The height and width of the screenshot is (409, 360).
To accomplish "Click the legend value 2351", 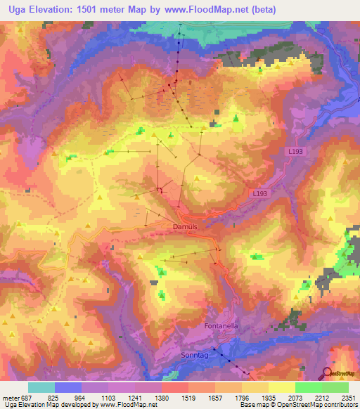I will tap(348, 398).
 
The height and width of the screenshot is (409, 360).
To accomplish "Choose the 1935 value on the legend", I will tap(269, 398).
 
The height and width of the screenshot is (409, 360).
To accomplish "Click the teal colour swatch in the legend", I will tap(41, 387).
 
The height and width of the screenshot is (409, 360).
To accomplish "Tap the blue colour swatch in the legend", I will tap(68, 387).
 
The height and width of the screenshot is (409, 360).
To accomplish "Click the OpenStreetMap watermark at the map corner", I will tap(342, 374).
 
